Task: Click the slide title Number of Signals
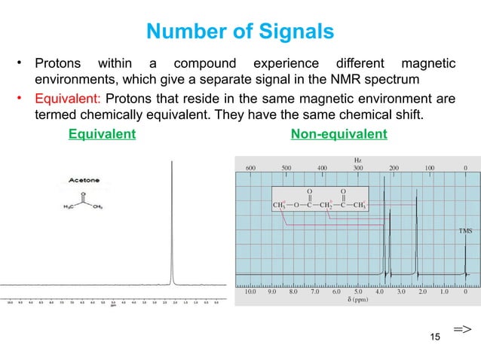(240, 32)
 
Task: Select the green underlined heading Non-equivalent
(339, 135)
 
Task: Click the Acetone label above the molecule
(86, 181)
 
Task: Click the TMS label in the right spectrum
(466, 231)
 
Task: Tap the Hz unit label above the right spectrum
(357, 160)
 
